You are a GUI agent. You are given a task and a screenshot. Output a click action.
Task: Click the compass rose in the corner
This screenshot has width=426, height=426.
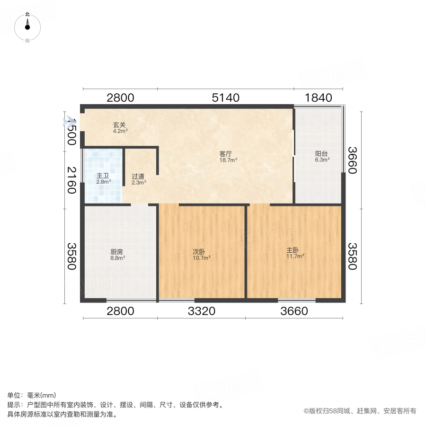point(27,27)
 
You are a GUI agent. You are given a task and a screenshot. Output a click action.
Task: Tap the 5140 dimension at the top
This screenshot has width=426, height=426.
point(226,98)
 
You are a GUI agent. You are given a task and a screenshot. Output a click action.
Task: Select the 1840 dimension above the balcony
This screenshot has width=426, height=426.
point(318,98)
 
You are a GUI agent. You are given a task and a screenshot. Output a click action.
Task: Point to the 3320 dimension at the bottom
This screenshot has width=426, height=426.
point(202,311)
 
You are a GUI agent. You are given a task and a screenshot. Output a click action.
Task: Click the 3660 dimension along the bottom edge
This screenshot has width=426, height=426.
point(294,311)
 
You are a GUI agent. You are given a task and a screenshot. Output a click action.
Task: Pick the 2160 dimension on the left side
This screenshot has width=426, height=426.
point(71,180)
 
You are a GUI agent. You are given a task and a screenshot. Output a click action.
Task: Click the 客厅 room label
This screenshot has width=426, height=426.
point(225,154)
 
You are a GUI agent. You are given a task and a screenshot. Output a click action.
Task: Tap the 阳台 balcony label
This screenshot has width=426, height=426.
point(321,154)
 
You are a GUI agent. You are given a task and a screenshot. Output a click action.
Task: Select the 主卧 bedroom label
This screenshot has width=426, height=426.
point(292,250)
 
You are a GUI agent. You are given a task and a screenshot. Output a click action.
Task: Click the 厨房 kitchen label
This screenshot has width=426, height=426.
point(117,252)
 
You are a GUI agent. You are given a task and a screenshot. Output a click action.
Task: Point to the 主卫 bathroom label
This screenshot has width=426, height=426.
point(103,175)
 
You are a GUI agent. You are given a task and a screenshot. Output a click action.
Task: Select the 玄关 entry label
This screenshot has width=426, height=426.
point(119,125)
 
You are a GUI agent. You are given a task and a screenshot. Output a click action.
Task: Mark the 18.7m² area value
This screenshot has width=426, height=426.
point(228,160)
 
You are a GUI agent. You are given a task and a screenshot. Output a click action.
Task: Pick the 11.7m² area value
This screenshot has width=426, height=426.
point(295,257)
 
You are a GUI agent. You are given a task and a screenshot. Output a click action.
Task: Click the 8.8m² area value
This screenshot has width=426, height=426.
point(118,258)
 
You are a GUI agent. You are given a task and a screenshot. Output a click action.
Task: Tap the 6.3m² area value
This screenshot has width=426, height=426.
point(322,160)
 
